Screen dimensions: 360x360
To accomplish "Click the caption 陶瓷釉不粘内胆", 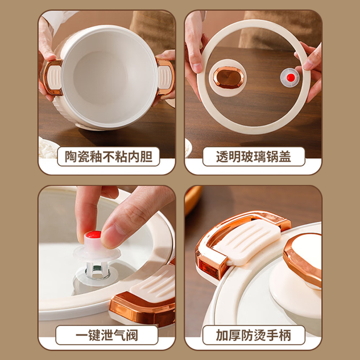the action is (108, 157).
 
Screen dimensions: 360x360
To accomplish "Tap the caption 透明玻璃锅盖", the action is (253, 157).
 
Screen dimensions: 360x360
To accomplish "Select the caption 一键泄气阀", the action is (107, 335).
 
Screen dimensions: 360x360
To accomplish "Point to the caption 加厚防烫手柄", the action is (253, 335).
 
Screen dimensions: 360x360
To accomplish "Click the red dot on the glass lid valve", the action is (291, 77).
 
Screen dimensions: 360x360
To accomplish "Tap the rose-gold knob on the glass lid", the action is (229, 77).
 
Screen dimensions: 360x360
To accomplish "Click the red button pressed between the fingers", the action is (94, 234).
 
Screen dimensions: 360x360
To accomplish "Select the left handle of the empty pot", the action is (52, 77).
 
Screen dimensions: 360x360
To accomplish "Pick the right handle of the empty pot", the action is (165, 77).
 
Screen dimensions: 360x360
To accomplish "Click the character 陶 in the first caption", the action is (71, 157).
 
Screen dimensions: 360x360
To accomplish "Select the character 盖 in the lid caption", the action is (285, 157).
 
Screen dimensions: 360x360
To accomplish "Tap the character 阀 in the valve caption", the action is (132, 335).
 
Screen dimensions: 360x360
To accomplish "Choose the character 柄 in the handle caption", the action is (285, 335).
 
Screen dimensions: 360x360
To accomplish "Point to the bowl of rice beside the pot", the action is (47, 148).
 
